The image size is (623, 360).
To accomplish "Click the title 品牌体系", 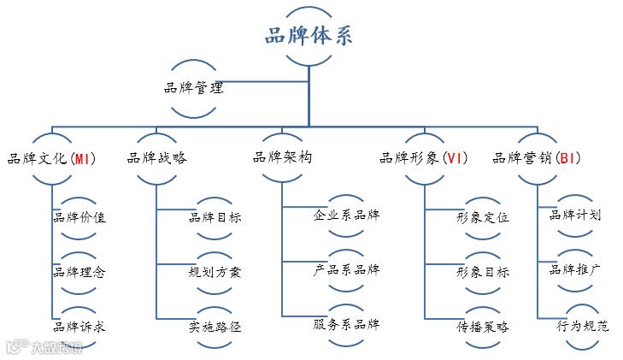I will (x=307, y=37).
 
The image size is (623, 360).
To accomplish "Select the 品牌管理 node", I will (x=194, y=87).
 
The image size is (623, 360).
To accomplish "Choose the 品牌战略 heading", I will (x=157, y=158).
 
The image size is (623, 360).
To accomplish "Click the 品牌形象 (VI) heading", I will (x=422, y=158).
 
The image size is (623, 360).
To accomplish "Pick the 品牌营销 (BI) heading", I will (x=538, y=158).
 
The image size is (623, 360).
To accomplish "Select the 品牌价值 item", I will (x=79, y=217).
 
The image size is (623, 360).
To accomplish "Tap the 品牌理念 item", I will (x=79, y=272).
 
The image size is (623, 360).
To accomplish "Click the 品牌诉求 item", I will (x=79, y=326).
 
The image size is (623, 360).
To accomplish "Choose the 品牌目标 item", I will (x=215, y=217).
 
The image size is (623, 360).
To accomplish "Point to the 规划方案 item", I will (x=215, y=272).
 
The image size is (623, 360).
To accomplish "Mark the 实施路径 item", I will (x=215, y=326).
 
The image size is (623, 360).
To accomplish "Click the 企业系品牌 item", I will (x=346, y=214).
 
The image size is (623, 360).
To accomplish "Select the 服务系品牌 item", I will (x=346, y=324).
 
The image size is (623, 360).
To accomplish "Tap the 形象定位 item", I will (x=483, y=217).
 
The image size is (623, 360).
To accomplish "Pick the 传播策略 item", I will (x=483, y=326).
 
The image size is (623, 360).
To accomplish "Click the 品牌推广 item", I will (x=575, y=270).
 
